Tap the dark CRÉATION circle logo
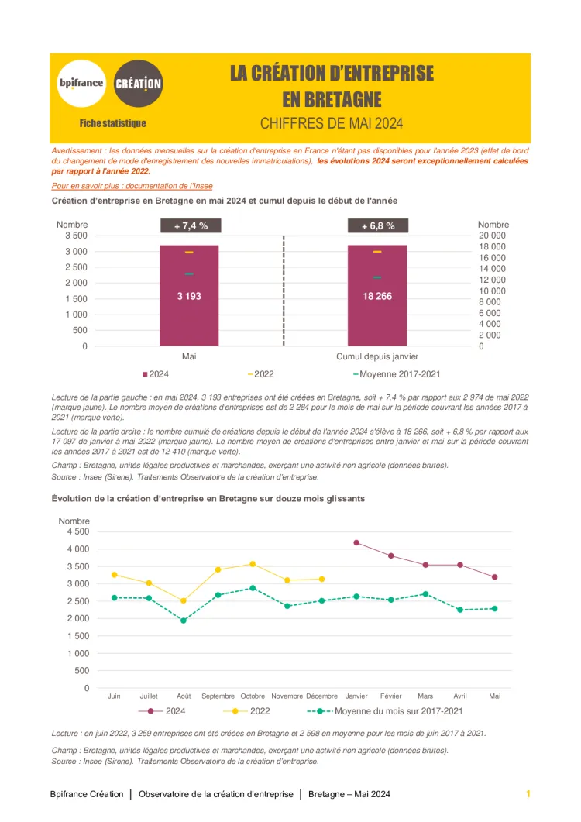pyautogui.click(x=139, y=84)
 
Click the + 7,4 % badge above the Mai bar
pyautogui.click(x=189, y=226)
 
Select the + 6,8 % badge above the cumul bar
pyautogui.click(x=378, y=226)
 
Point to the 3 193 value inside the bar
pyautogui.click(x=189, y=296)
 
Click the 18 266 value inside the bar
pyautogui.click(x=378, y=296)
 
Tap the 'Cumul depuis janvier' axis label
pyautogui.click(x=377, y=356)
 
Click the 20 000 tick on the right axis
pyautogui.click(x=492, y=236)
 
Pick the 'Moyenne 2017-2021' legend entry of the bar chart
pyautogui.click(x=397, y=374)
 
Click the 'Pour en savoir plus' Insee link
pyautogui.click(x=132, y=186)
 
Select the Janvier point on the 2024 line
pyautogui.click(x=356, y=542)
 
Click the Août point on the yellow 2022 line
pyautogui.click(x=184, y=600)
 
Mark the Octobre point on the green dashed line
pyautogui.click(x=253, y=588)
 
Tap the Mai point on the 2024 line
pyautogui.click(x=494, y=577)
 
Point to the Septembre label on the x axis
pyautogui.click(x=218, y=696)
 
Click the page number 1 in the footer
pyautogui.click(x=528, y=794)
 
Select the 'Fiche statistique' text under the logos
pyautogui.click(x=112, y=123)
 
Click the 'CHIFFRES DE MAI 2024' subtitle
pyautogui.click(x=332, y=123)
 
